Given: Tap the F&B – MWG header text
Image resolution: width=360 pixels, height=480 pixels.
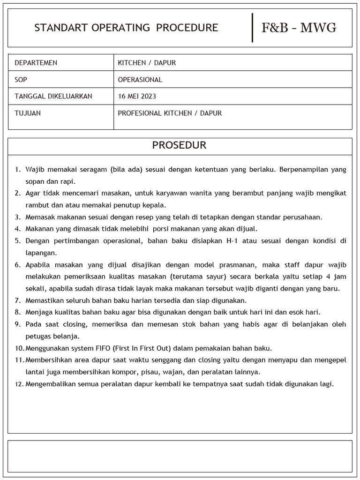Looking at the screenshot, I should (x=299, y=28).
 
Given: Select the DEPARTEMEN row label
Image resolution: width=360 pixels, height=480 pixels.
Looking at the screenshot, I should (x=36, y=63).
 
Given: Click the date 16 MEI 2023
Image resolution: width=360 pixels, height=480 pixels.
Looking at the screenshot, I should (x=137, y=97).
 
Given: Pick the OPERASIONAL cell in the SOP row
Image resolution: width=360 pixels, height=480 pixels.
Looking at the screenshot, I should (x=140, y=80).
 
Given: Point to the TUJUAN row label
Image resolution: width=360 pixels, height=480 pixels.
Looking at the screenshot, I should (x=28, y=113).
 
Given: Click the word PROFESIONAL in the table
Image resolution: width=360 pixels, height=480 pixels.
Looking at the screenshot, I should (x=140, y=113).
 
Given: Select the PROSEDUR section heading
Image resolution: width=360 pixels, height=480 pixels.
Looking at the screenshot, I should (x=179, y=145).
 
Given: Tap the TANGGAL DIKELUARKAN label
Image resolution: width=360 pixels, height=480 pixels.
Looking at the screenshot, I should (x=53, y=97).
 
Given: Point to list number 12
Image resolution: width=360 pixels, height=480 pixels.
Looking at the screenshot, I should (x=19, y=384).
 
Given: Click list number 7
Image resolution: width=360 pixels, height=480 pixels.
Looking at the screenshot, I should (x=18, y=300).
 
